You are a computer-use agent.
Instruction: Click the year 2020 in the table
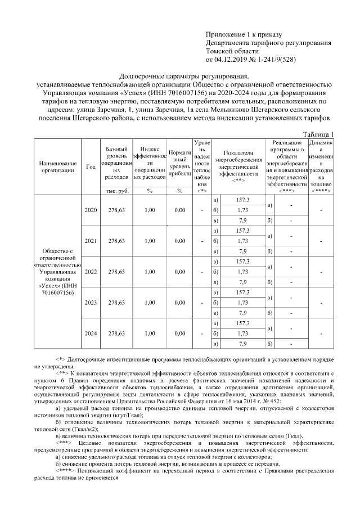(90, 210)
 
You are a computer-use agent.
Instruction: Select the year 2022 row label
(90, 272)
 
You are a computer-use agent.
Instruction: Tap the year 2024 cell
(90, 334)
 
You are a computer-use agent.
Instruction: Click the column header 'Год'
(90, 166)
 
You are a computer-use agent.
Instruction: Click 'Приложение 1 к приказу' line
(244, 35)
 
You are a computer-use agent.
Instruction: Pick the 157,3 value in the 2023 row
(243, 292)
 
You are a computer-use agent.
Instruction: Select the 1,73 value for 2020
(243, 210)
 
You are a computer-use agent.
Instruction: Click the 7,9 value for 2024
(243, 344)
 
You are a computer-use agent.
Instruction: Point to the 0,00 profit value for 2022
(179, 272)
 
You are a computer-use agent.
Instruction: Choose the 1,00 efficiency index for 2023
(149, 303)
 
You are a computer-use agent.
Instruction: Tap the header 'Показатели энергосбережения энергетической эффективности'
(238, 163)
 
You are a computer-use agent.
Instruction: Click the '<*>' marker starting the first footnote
(60, 358)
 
